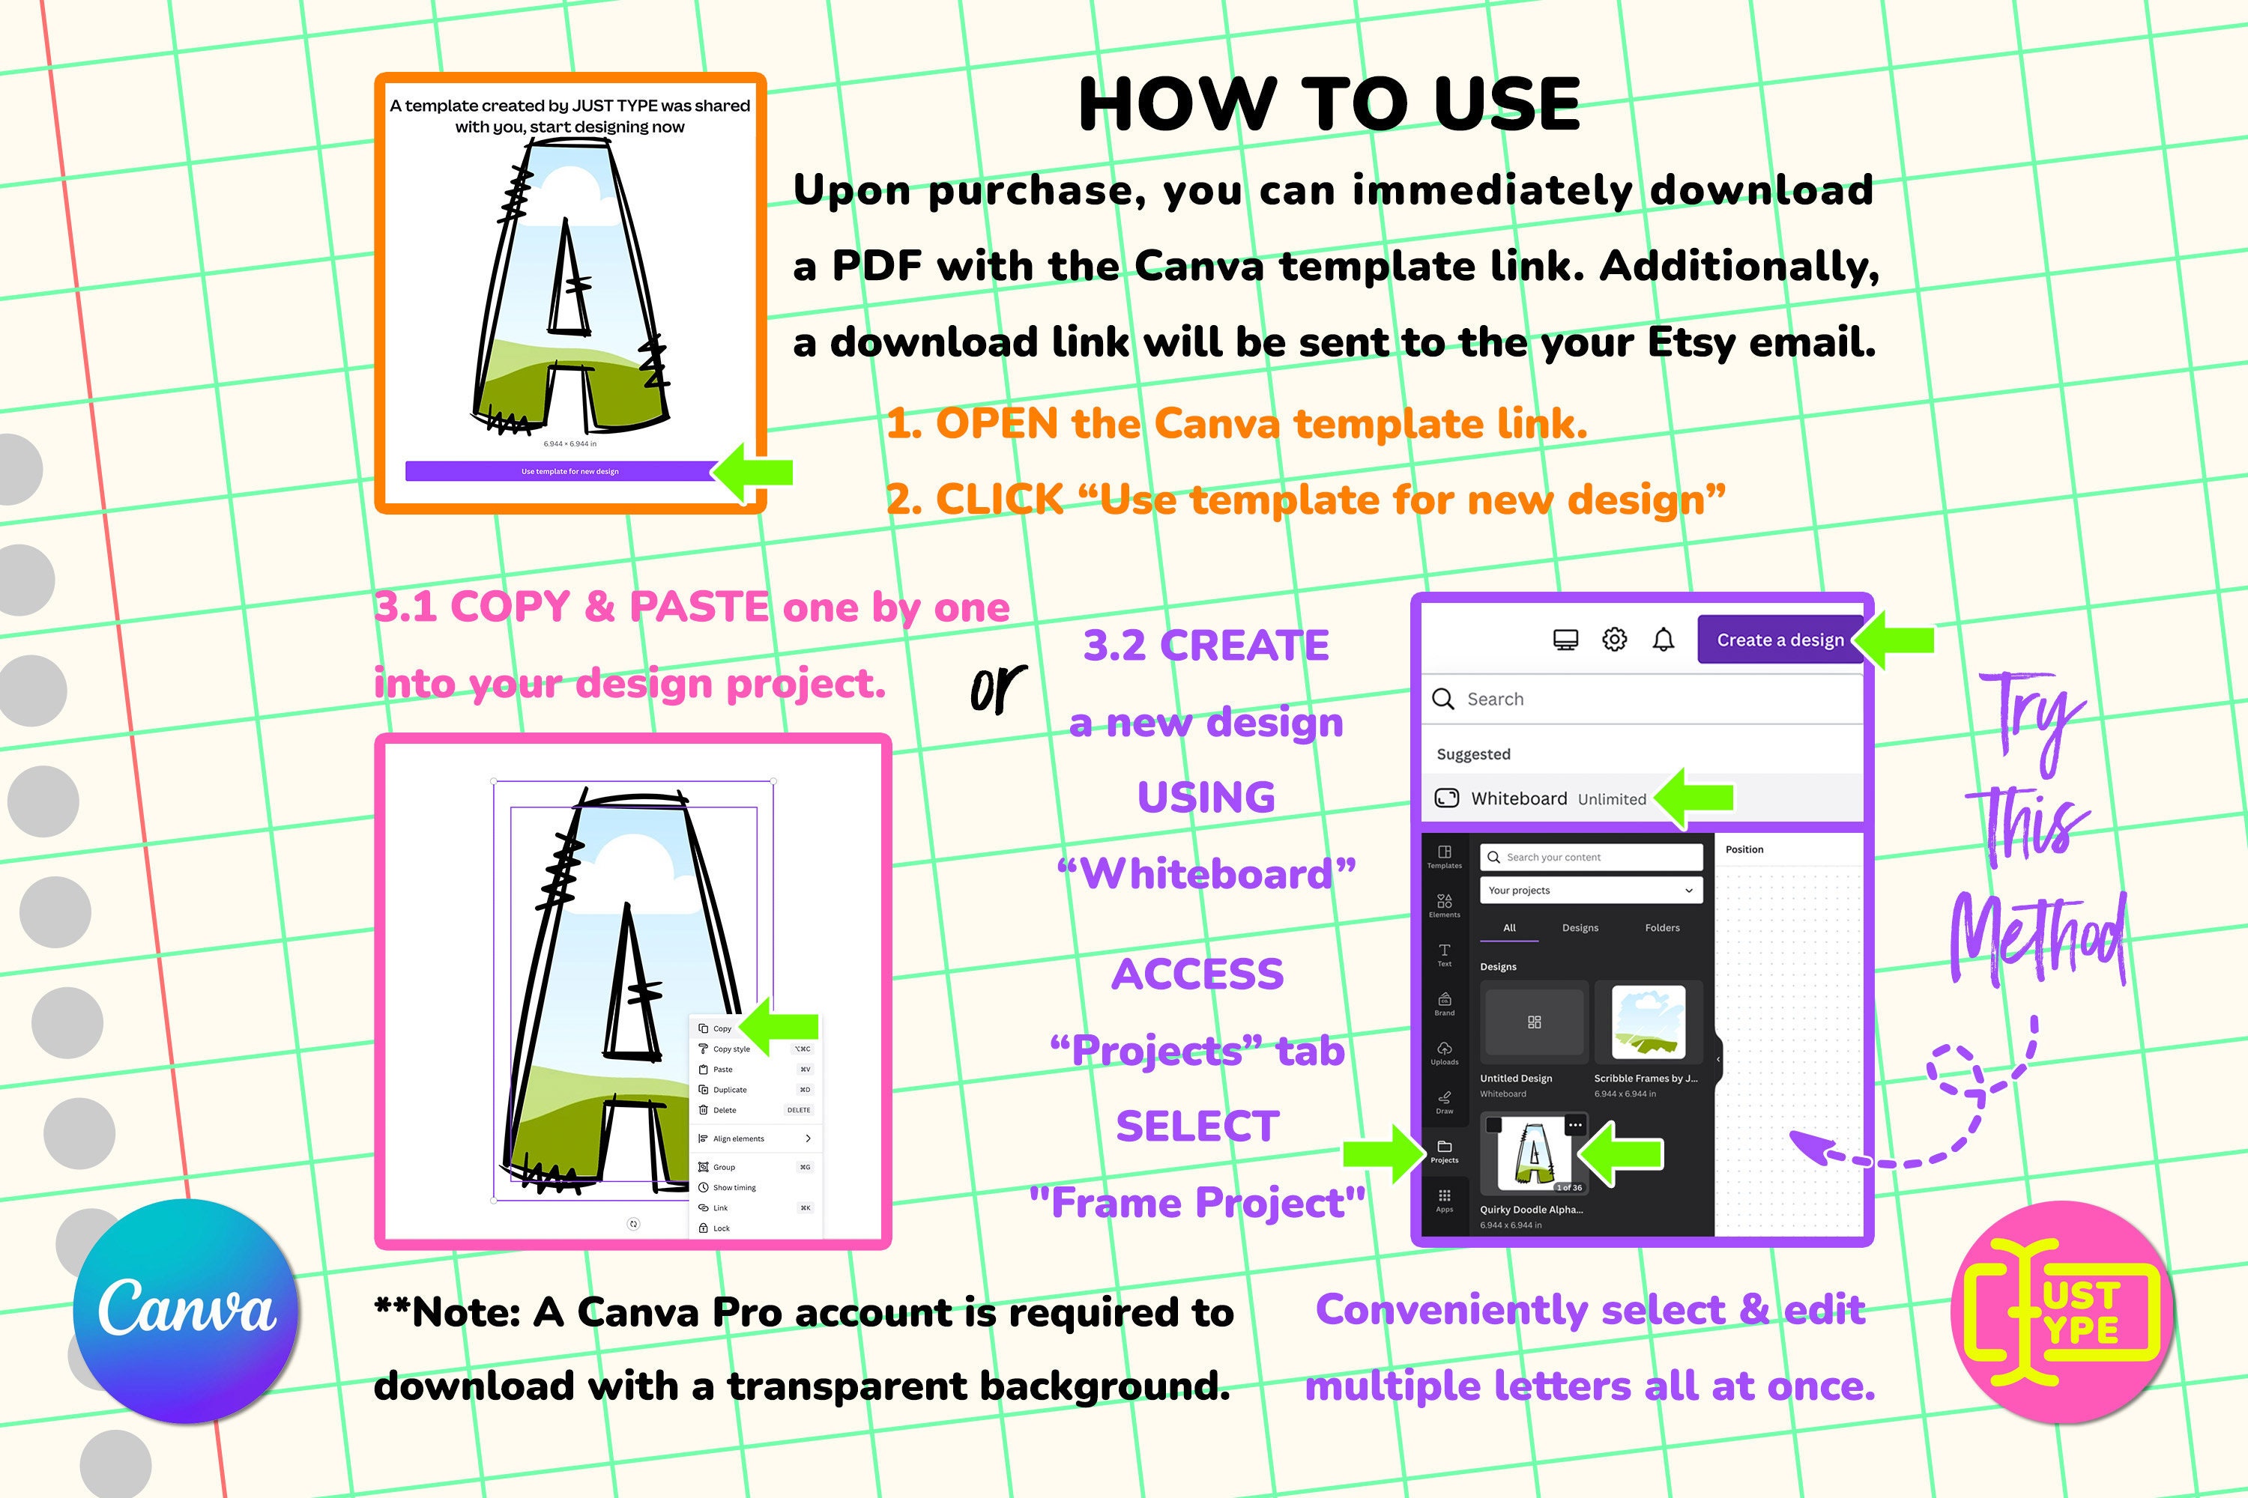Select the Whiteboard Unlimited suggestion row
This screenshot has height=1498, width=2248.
1558,798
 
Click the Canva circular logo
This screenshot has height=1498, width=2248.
187,1311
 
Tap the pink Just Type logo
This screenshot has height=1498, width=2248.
2063,1311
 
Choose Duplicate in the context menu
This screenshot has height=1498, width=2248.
730,1090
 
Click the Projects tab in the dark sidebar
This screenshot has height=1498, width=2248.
1444,1150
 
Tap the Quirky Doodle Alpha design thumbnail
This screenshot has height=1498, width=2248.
1533,1154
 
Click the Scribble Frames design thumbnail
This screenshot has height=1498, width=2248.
1648,1022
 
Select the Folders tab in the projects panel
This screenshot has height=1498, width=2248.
1662,928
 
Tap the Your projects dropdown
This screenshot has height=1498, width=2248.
1590,891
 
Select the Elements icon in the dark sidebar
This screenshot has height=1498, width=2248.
1444,905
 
